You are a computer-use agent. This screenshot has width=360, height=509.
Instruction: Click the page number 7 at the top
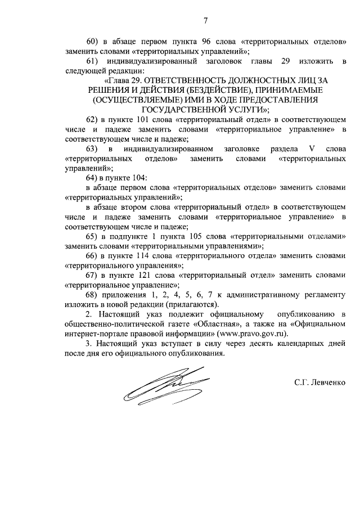point(205,21)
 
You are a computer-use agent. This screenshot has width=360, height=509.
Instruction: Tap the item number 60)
point(92,41)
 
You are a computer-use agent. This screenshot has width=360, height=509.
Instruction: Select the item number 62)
point(92,121)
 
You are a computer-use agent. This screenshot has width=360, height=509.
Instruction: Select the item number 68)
point(92,295)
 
